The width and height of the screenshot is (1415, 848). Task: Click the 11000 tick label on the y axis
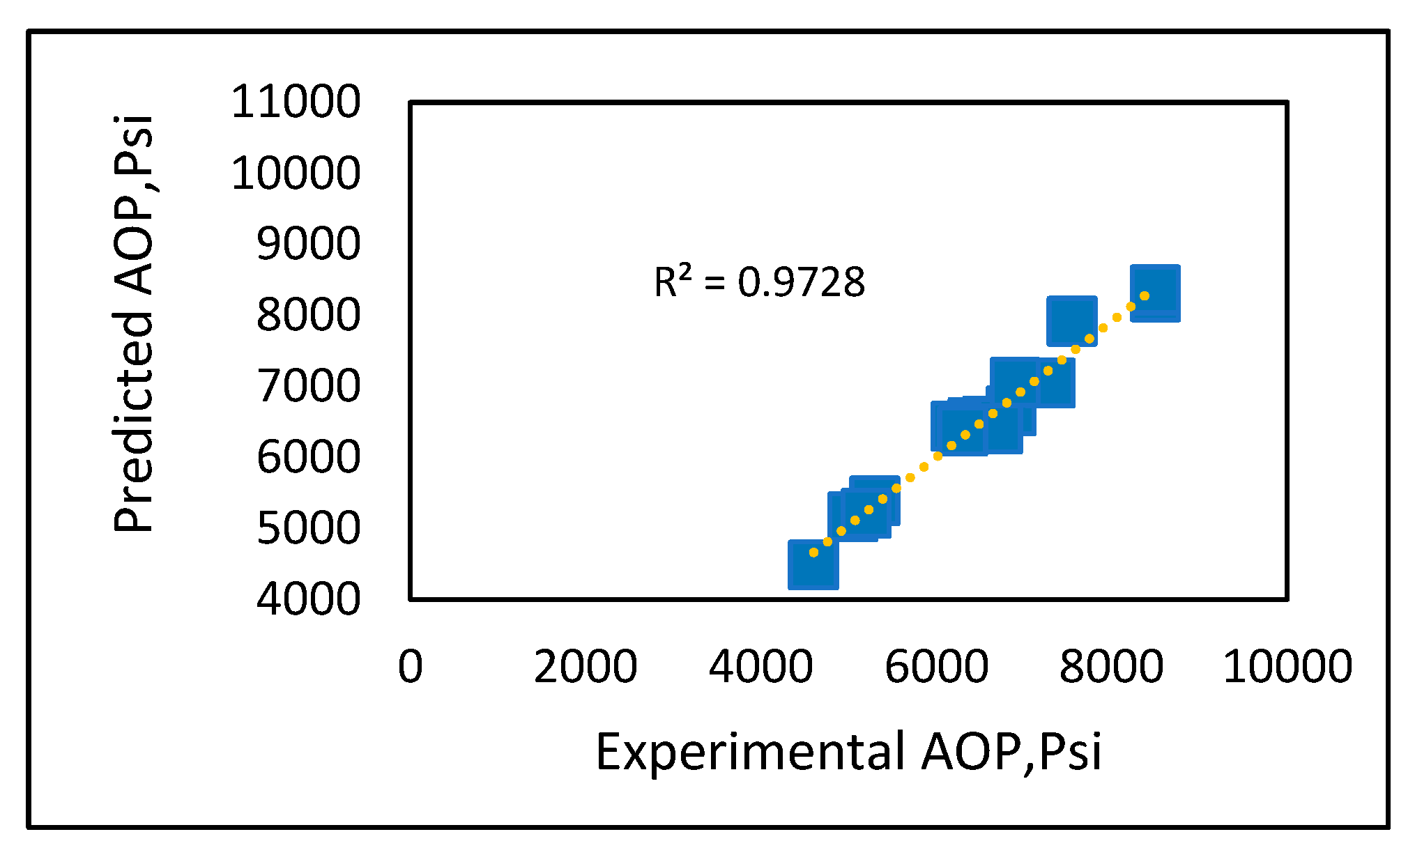click(x=296, y=102)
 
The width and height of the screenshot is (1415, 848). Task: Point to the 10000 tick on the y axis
click(x=296, y=173)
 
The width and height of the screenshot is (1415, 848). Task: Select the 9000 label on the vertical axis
click(x=308, y=244)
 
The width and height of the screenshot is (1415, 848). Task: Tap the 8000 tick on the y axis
click(x=308, y=315)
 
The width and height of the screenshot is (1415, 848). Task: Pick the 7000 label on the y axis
click(x=308, y=386)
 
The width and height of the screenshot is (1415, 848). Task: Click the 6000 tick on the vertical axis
click(x=308, y=457)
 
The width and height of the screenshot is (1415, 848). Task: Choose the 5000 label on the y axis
click(x=308, y=528)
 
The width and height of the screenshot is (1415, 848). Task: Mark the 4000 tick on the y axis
click(x=308, y=599)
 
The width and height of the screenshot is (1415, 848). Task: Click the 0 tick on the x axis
click(x=411, y=666)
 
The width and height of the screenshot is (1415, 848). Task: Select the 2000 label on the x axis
click(x=586, y=666)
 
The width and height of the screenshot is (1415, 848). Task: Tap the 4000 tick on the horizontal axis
click(x=760, y=666)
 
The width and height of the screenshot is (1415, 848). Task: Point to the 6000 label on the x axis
click(x=936, y=666)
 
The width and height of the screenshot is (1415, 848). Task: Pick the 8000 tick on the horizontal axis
click(x=1111, y=666)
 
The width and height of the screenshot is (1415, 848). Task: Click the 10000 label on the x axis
click(x=1287, y=666)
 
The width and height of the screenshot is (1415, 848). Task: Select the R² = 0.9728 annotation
click(x=759, y=282)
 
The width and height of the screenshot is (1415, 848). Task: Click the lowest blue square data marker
click(x=813, y=564)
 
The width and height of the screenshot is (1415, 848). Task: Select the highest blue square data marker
click(x=1155, y=293)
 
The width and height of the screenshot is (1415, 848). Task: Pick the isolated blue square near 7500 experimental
click(x=1071, y=321)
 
